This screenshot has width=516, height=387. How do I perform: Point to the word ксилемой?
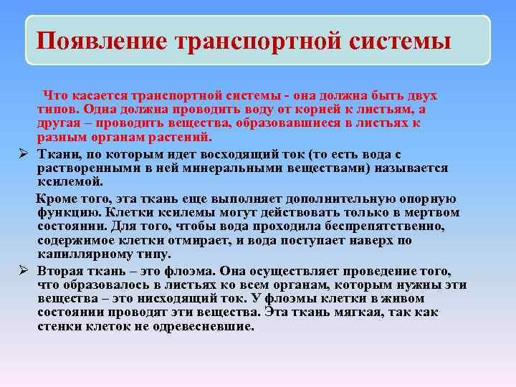[x=64, y=181]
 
